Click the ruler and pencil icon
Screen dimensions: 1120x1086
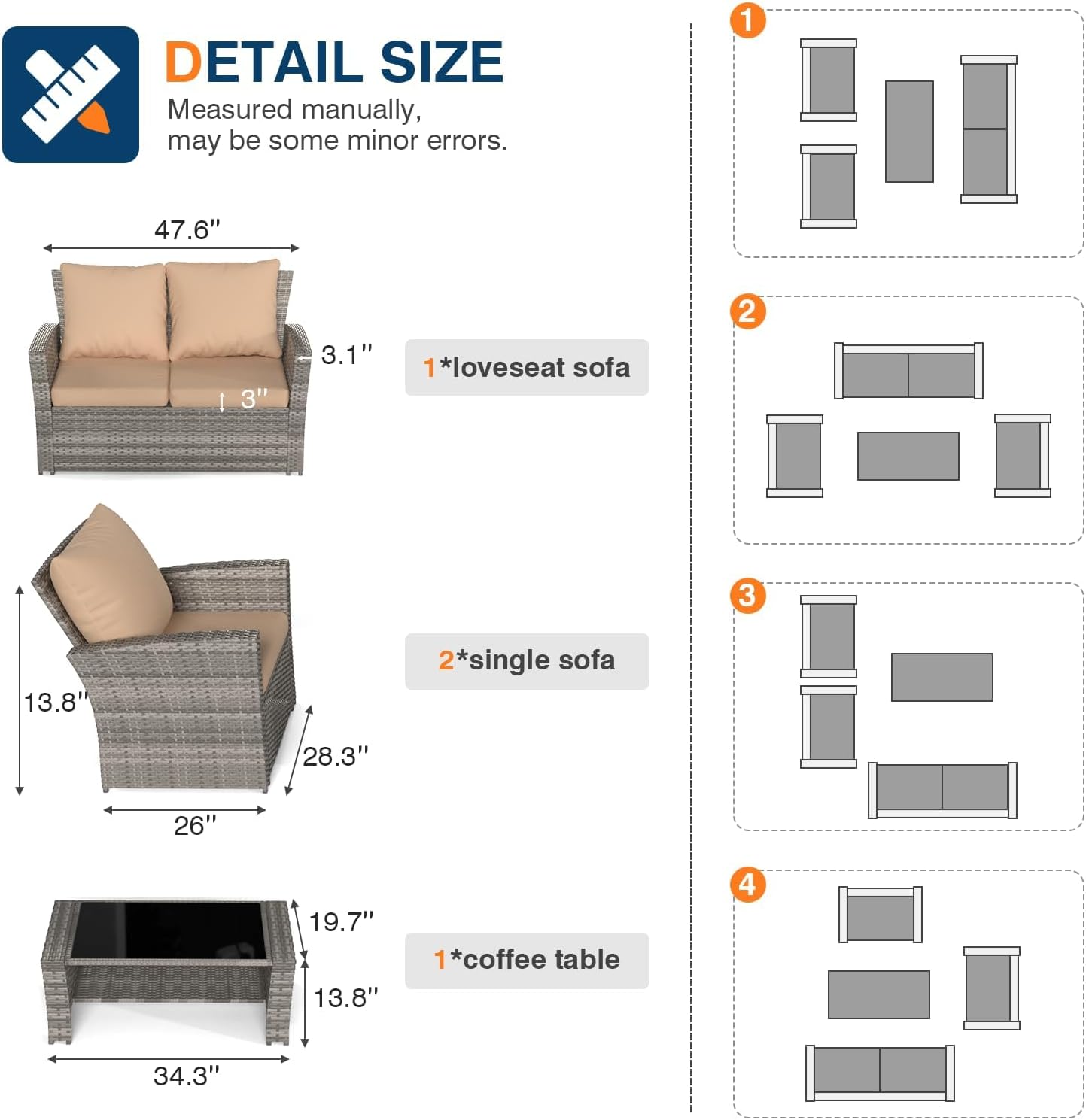tap(70, 94)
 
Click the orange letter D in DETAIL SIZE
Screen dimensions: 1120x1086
tap(183, 62)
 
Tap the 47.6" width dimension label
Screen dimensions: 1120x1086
tap(187, 229)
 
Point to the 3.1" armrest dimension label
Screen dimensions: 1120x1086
tap(346, 355)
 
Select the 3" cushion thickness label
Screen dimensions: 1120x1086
tap(253, 399)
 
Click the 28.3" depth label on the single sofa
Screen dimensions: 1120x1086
tap(335, 756)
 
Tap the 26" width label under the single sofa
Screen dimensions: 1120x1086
tap(194, 826)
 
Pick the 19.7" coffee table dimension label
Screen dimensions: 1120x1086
tap(341, 921)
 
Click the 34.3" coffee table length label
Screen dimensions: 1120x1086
tap(186, 1076)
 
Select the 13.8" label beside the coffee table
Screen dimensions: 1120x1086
tap(345, 998)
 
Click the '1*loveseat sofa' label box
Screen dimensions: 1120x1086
tap(526, 367)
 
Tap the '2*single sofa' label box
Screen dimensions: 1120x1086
tap(526, 661)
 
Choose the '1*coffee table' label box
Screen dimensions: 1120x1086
tap(526, 960)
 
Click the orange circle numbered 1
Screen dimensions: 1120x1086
tap(747, 20)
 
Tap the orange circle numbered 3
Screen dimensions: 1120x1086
tap(747, 596)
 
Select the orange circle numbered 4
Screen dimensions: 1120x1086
tap(747, 884)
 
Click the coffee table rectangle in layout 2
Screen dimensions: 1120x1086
tap(908, 456)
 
